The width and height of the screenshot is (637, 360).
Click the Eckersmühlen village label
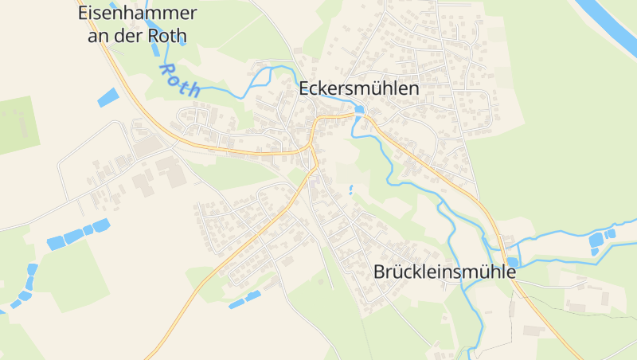point(358,88)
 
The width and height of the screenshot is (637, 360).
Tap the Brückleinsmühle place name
point(444,272)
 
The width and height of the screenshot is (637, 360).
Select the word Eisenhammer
point(138,14)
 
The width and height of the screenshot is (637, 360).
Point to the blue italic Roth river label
point(180,80)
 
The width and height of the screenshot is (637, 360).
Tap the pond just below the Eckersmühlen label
point(359,110)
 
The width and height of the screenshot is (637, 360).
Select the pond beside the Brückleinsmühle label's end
point(512,262)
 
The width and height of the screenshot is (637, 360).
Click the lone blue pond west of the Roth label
point(107,98)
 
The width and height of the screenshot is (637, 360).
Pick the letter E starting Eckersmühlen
point(304,88)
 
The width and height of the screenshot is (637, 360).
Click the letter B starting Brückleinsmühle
point(380,272)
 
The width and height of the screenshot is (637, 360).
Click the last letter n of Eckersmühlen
point(413,88)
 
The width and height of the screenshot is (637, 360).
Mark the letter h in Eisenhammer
point(133,14)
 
